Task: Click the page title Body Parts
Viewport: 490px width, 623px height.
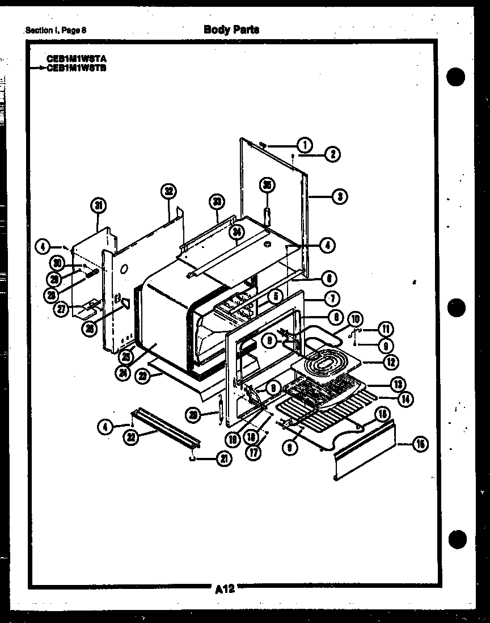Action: coord(231,30)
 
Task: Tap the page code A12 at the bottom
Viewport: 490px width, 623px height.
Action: coord(225,588)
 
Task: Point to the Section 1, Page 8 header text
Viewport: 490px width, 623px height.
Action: coord(56,30)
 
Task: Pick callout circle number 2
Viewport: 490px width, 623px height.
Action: coord(332,154)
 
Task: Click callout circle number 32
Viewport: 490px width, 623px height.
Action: coord(168,191)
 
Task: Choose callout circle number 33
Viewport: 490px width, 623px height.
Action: coord(217,201)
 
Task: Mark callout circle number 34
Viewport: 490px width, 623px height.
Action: coord(236,231)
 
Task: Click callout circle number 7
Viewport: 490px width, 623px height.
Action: coord(331,297)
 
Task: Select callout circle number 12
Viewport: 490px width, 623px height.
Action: coord(390,361)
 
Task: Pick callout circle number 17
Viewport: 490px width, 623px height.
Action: coord(255,453)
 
